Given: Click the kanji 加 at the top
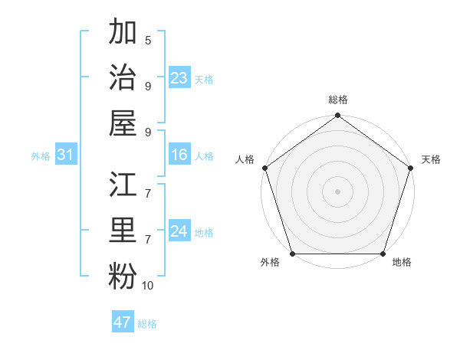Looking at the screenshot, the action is (x=123, y=33).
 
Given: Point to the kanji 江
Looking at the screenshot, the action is (x=123, y=187).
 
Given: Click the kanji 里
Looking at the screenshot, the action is (x=123, y=231).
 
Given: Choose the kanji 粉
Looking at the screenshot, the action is (x=123, y=276).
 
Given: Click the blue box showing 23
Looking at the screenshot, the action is (x=179, y=78).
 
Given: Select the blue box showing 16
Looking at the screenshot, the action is (x=179, y=155).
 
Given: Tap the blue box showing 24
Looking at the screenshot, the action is (x=179, y=231).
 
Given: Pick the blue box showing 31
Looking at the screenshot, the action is (x=65, y=155).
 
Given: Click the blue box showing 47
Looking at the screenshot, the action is (x=123, y=322).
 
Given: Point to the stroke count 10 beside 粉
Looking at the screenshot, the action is (x=147, y=286).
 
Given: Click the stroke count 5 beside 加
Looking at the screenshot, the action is (x=147, y=40).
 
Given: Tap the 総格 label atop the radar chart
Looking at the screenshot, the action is (x=338, y=100).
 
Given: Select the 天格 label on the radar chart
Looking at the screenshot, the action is (x=431, y=159).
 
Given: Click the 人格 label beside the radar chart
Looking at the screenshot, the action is (x=245, y=159).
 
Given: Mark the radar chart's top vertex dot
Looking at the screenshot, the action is (x=337, y=116).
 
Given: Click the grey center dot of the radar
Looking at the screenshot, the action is (x=337, y=191).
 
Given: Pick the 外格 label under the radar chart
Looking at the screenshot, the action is (x=270, y=263).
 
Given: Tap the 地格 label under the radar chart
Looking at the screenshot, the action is (x=402, y=263).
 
